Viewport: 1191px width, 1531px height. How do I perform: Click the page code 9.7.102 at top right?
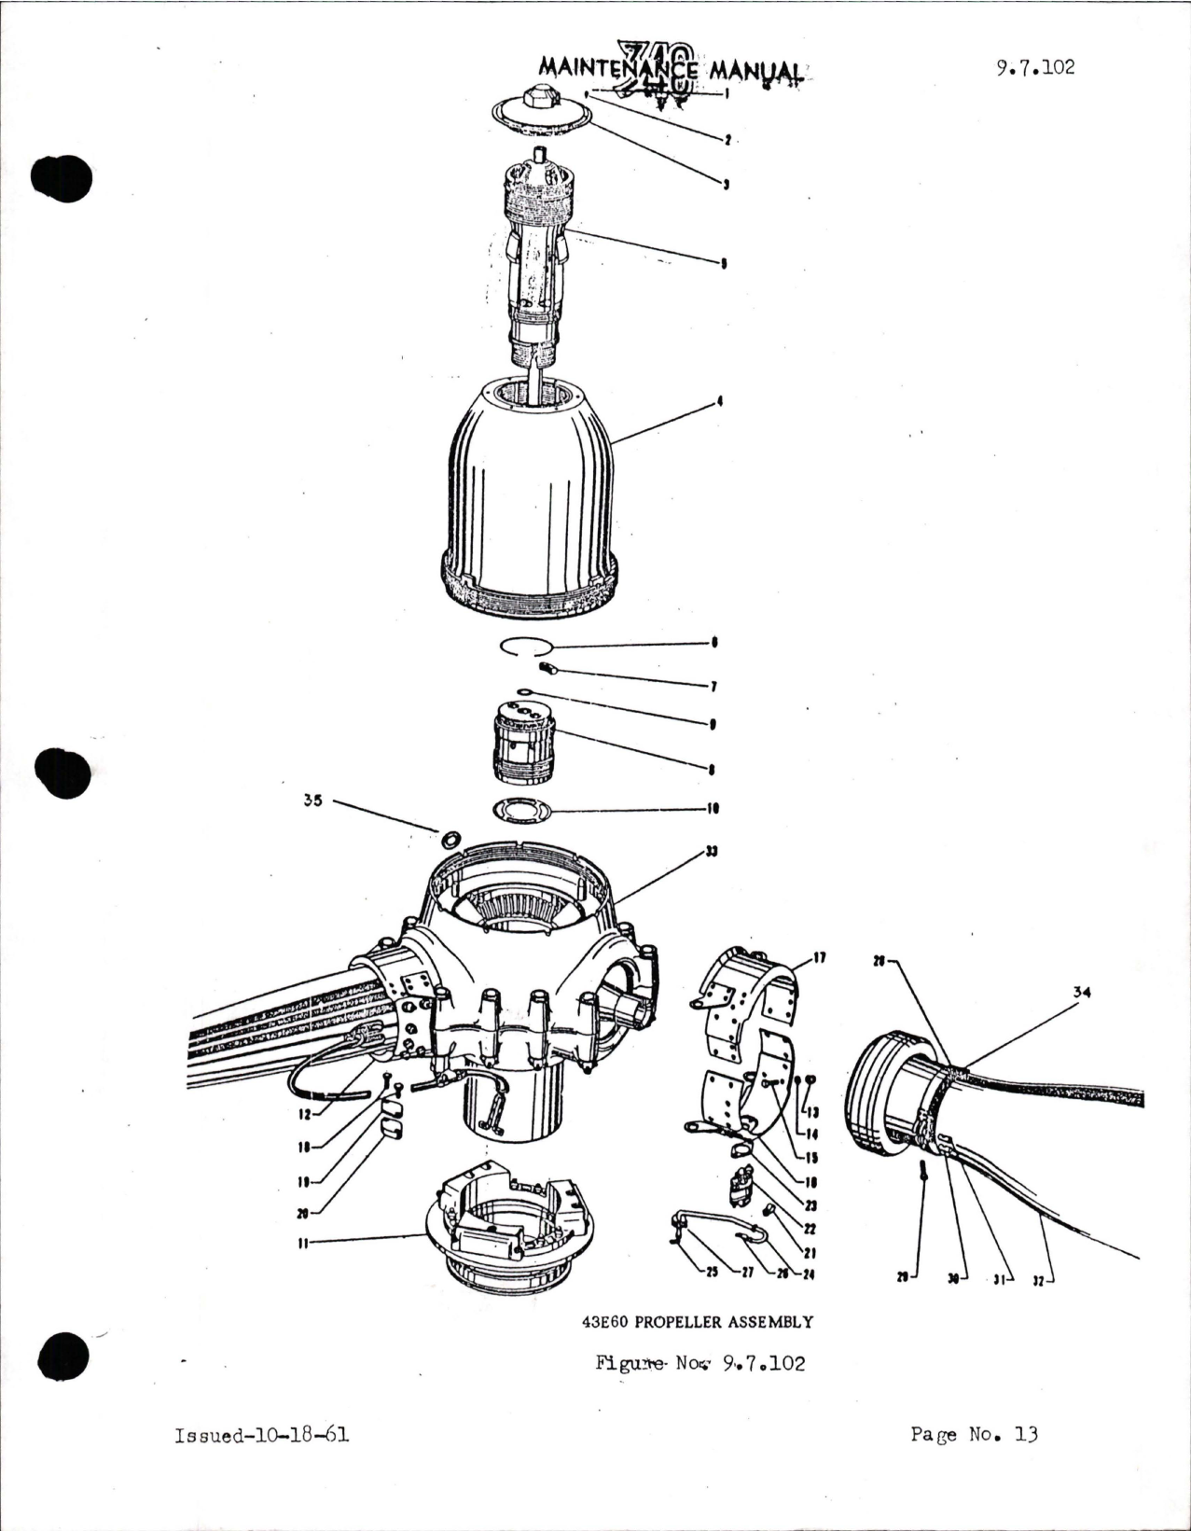pos(1034,67)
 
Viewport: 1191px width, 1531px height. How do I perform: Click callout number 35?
pos(312,800)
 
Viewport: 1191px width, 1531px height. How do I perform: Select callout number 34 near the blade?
pos(1081,992)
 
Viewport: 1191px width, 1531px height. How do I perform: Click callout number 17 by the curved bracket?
pos(819,957)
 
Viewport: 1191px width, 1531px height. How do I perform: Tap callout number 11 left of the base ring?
pos(303,1242)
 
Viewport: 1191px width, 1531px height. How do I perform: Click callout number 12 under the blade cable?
pos(305,1114)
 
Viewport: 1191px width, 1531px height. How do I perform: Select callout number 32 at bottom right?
pos(1038,1280)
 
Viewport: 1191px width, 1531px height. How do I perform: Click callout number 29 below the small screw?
pos(902,1276)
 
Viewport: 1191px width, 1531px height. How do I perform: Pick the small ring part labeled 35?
pos(450,838)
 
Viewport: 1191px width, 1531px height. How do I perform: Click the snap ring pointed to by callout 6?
pos(526,646)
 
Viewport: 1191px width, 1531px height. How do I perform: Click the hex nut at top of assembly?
pos(540,97)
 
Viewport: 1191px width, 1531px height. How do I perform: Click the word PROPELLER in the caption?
pos(678,1322)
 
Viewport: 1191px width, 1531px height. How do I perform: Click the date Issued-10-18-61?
pos(261,1435)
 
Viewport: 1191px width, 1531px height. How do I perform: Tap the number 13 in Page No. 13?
pos(1026,1434)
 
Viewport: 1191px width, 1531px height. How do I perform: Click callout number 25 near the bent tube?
pos(713,1274)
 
